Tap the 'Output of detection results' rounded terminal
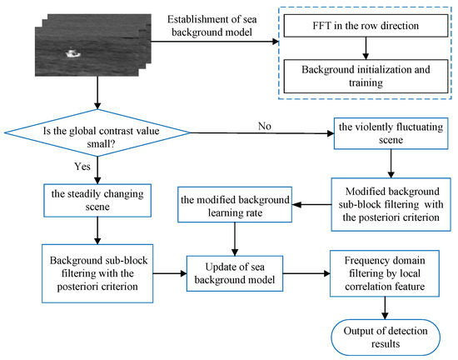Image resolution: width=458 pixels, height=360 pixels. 381,333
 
